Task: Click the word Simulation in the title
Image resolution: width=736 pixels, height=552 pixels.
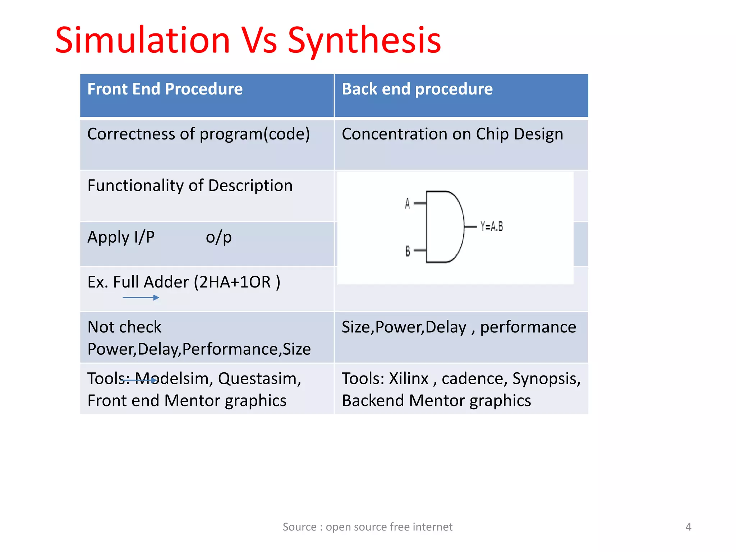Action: [x=143, y=40]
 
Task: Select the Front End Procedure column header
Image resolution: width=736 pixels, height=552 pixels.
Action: [x=165, y=89]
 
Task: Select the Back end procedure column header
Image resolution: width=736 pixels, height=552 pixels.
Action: [x=417, y=89]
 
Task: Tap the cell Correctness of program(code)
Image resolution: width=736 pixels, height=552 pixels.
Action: [x=198, y=134]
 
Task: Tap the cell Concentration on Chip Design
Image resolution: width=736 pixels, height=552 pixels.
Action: [x=452, y=134]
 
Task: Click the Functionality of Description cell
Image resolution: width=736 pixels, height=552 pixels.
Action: [x=190, y=186]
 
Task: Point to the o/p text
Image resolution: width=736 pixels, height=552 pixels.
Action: [x=218, y=237]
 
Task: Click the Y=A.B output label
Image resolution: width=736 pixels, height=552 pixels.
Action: [x=492, y=226]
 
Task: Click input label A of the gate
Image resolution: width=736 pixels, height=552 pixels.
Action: [x=407, y=204]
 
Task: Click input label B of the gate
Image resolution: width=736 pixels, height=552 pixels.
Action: [x=408, y=251]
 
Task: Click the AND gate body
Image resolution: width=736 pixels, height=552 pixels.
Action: [x=444, y=227]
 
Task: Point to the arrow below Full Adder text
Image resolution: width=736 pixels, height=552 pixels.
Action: [x=141, y=298]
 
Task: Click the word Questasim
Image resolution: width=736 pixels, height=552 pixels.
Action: [x=259, y=379]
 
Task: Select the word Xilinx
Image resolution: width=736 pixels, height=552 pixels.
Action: [x=409, y=379]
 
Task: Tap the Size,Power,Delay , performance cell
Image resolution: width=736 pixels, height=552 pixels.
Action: [x=459, y=327]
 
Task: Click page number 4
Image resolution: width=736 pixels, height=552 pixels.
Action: [x=688, y=527]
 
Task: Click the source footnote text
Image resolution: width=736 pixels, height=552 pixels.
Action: [x=367, y=527]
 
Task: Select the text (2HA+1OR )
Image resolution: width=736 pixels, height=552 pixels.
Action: [x=237, y=282]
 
